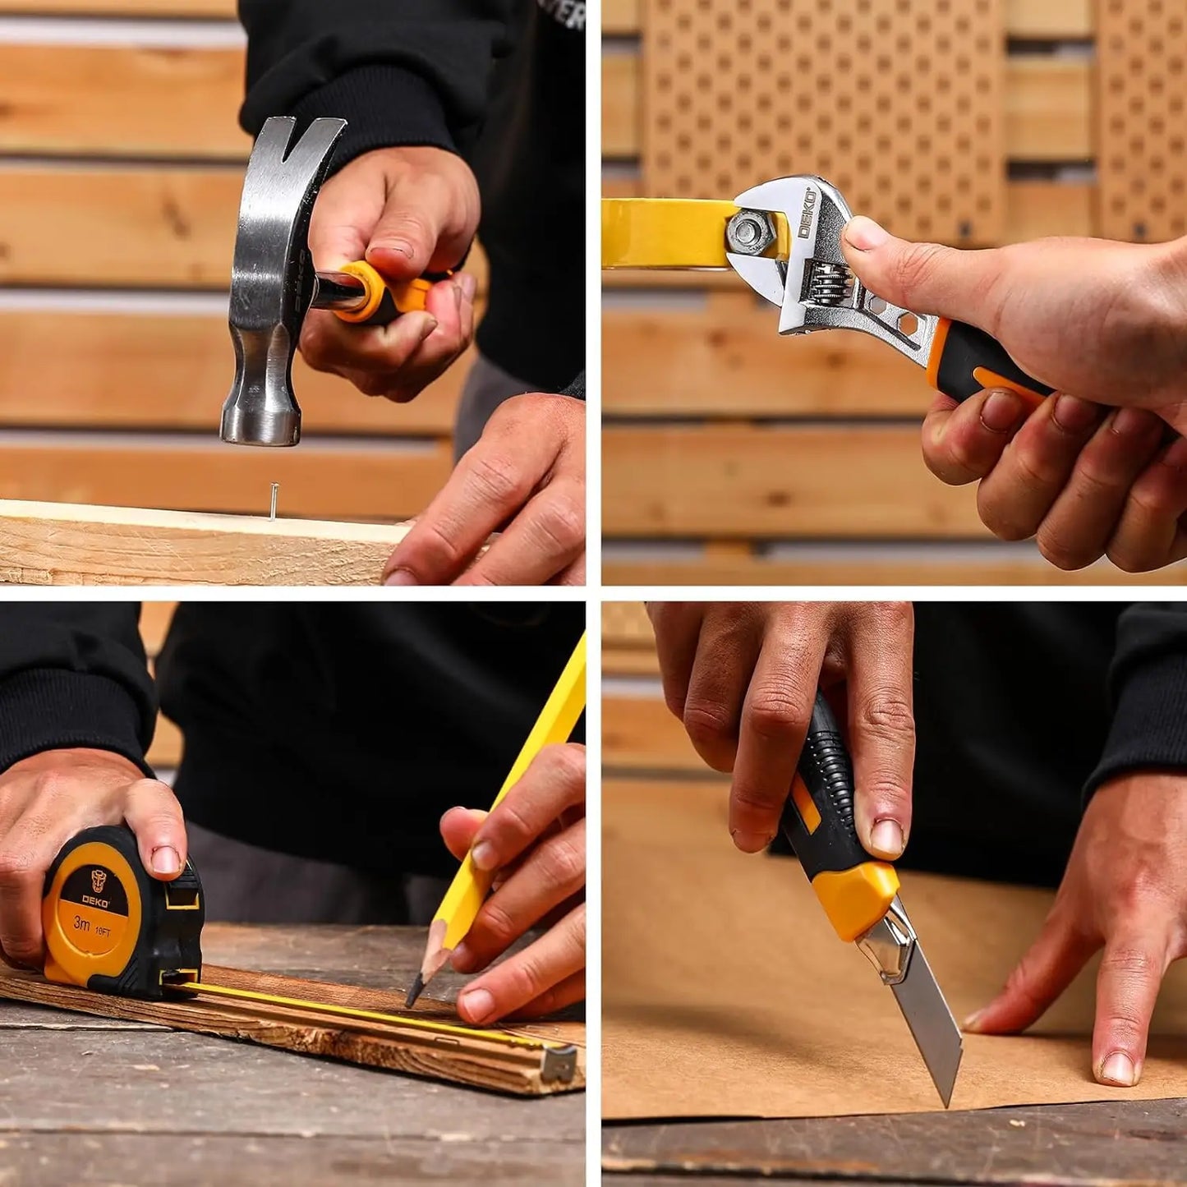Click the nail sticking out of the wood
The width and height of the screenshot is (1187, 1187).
[x=273, y=502]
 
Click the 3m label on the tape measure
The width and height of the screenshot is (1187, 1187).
[x=81, y=922]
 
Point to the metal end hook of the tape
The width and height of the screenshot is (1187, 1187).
[x=559, y=1063]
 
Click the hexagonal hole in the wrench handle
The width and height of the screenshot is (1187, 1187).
[x=908, y=322]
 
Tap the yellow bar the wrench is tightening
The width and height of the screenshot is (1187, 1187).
[x=665, y=233]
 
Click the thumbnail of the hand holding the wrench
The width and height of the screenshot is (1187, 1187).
[x=863, y=234]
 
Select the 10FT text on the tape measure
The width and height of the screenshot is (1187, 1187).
[x=103, y=932]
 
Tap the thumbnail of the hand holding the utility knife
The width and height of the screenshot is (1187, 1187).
[x=886, y=835]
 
